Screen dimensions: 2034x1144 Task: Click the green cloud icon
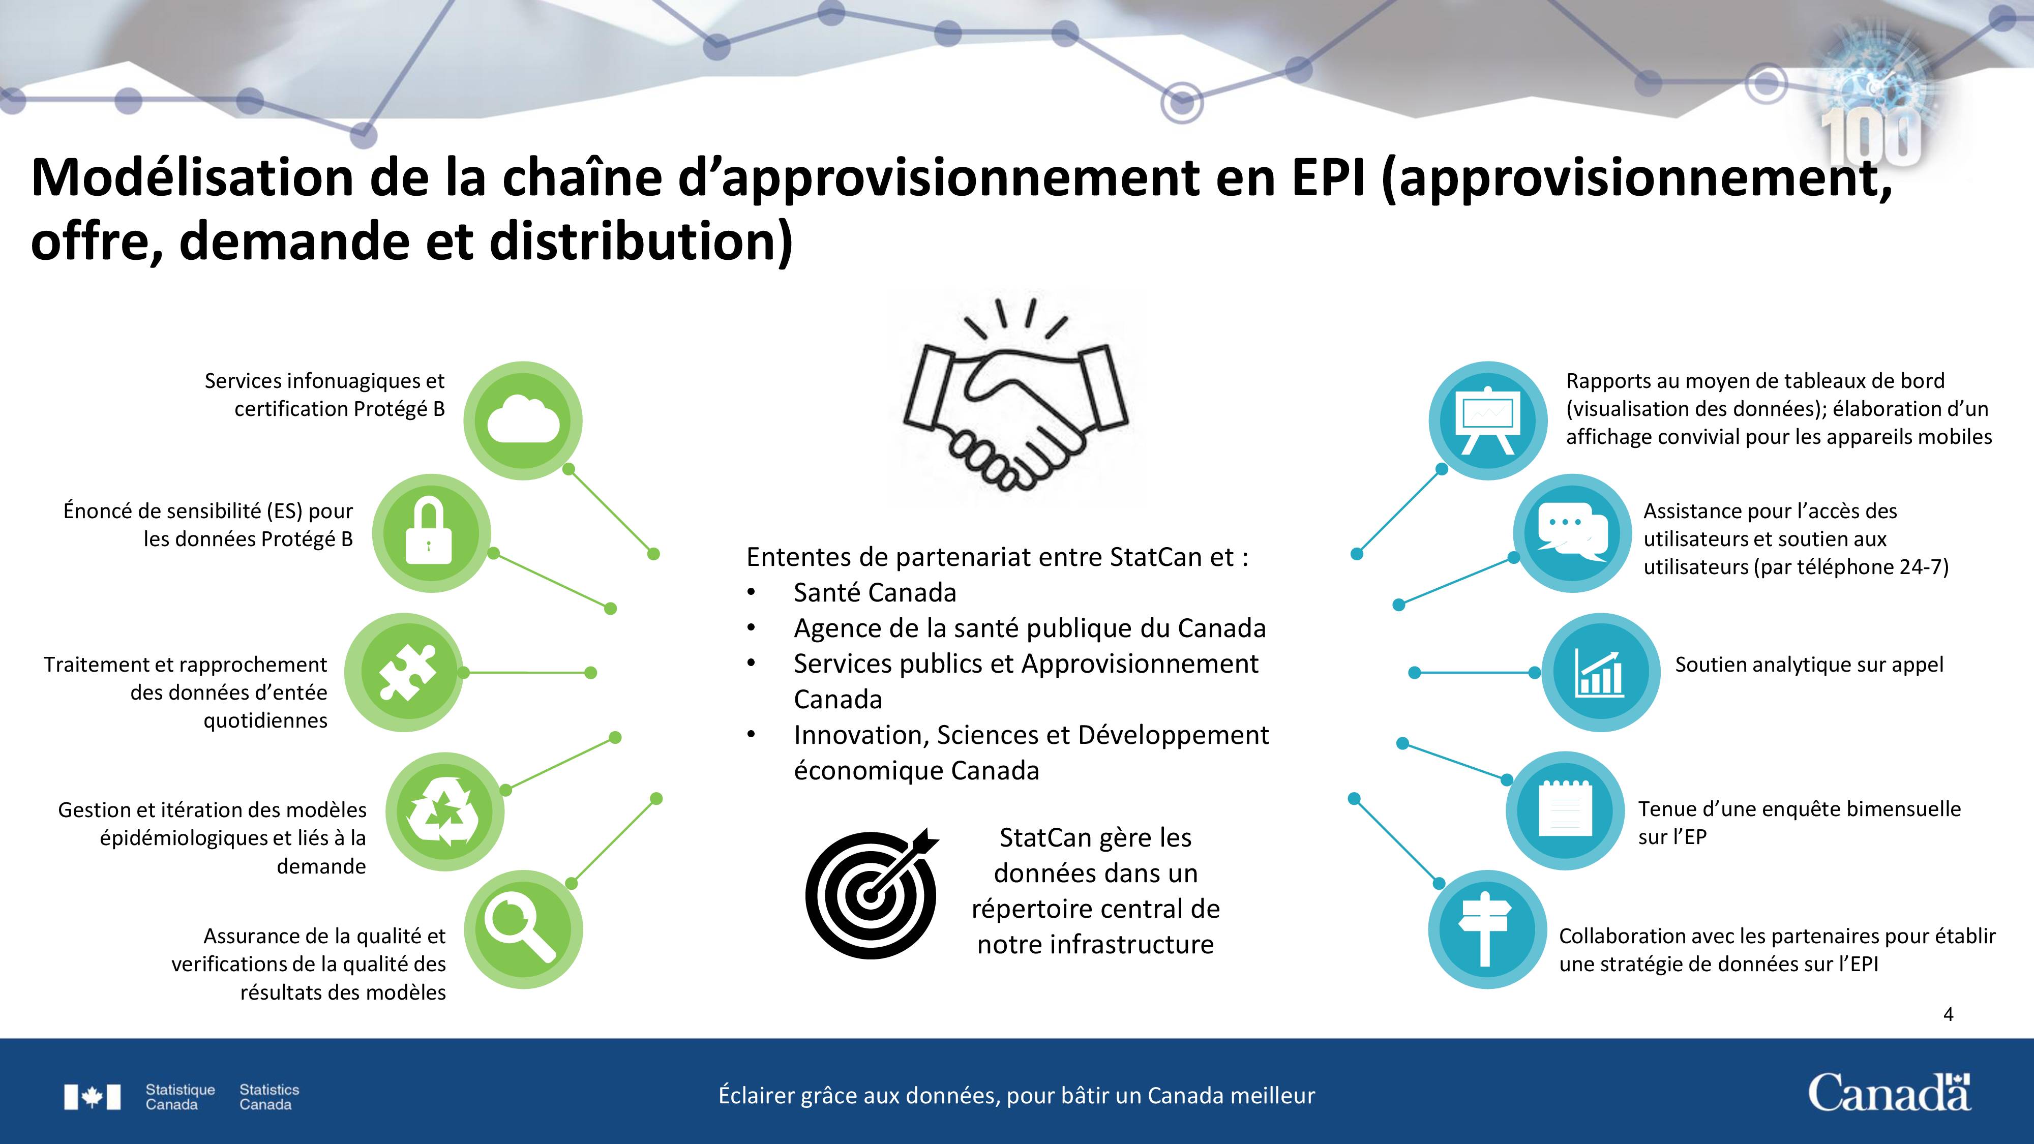(x=523, y=421)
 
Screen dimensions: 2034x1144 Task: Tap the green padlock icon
(x=431, y=534)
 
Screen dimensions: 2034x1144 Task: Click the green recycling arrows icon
(x=445, y=811)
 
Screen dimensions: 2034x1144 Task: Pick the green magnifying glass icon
(x=523, y=929)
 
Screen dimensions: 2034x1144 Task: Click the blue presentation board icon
(x=1487, y=421)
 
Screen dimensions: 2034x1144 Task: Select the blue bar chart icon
(x=1601, y=673)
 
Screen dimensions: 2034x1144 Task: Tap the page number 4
(x=1948, y=1014)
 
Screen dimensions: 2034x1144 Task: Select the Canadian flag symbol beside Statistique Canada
(x=93, y=1097)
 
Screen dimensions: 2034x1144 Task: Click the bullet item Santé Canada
(x=875, y=592)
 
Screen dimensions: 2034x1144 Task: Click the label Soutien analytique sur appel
(x=1809, y=665)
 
